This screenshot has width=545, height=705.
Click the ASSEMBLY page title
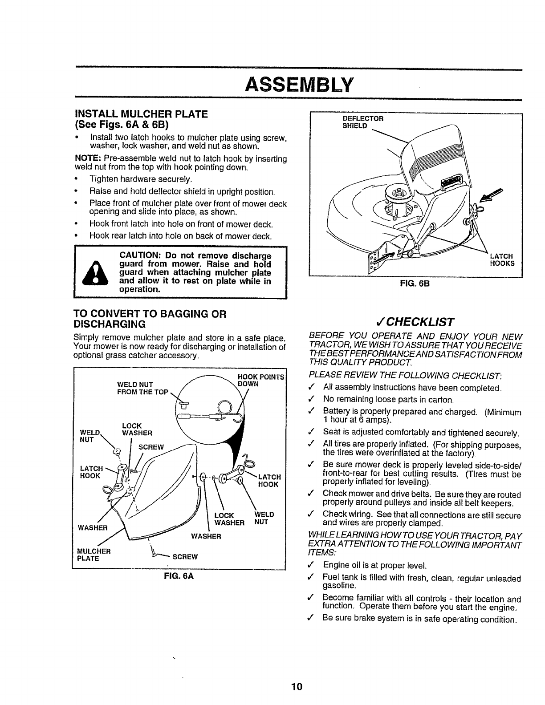coord(299,83)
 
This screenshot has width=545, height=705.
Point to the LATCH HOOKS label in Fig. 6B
coord(502,259)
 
